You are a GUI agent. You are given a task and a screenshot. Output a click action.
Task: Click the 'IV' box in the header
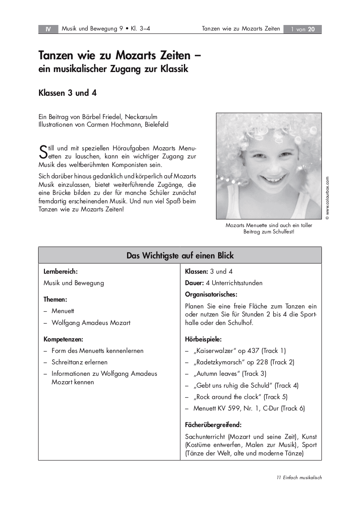pyautogui.click(x=48, y=29)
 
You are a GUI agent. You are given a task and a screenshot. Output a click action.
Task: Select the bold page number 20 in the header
pyautogui.click(x=311, y=29)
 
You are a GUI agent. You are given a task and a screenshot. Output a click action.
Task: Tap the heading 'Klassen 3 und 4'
pyautogui.click(x=68, y=93)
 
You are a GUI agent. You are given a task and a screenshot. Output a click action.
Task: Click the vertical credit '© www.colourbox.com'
pyautogui.click(x=327, y=198)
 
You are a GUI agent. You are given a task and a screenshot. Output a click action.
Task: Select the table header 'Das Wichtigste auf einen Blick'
pyautogui.click(x=180, y=255)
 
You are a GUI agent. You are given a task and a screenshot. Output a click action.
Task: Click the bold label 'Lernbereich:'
pyautogui.click(x=61, y=272)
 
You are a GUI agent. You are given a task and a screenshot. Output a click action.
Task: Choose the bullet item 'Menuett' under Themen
pyautogui.click(x=63, y=311)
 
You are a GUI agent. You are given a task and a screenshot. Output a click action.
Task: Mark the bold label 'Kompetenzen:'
pyautogui.click(x=64, y=339)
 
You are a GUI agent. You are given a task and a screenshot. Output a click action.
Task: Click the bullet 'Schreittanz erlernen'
pyautogui.click(x=80, y=362)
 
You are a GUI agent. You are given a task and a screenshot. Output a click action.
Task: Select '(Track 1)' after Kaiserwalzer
pyautogui.click(x=274, y=350)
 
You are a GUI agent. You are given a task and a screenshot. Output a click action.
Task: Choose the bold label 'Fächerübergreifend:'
pyautogui.click(x=213, y=425)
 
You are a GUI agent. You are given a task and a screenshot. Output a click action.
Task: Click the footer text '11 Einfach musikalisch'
pyautogui.click(x=299, y=477)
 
